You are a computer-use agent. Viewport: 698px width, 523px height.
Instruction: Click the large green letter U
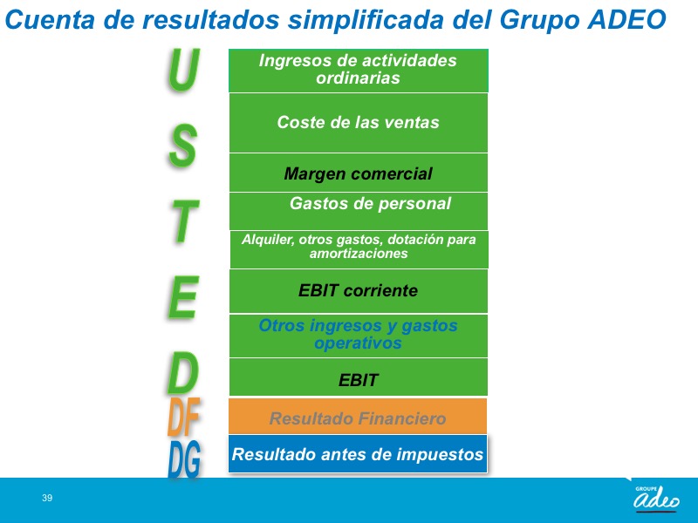[x=183, y=70]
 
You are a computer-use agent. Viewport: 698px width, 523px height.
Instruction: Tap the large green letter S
[x=183, y=146]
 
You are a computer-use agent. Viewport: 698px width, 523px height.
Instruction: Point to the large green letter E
[x=183, y=296]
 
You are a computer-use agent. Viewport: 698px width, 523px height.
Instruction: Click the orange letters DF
[x=183, y=417]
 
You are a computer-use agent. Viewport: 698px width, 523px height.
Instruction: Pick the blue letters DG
[x=184, y=459]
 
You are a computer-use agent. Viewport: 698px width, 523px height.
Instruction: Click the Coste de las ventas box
[x=359, y=123]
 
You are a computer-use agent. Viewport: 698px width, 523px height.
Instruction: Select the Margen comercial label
[x=359, y=173]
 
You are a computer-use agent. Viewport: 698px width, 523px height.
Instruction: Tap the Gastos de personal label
[x=370, y=204]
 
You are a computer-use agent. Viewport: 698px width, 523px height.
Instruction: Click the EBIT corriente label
[x=359, y=290]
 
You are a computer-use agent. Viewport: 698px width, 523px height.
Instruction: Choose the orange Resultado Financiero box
[x=358, y=417]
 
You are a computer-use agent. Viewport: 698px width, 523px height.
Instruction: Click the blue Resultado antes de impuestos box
[x=358, y=453]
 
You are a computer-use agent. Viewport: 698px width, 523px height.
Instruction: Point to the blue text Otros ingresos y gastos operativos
[x=359, y=334]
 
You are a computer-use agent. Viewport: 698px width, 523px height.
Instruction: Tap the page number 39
[x=47, y=498]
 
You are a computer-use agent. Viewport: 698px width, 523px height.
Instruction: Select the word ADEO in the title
[x=626, y=19]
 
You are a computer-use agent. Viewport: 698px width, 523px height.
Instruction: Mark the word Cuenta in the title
[x=50, y=19]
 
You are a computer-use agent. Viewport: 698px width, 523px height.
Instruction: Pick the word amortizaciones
[x=359, y=254]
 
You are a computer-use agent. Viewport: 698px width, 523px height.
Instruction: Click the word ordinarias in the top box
[x=359, y=78]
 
